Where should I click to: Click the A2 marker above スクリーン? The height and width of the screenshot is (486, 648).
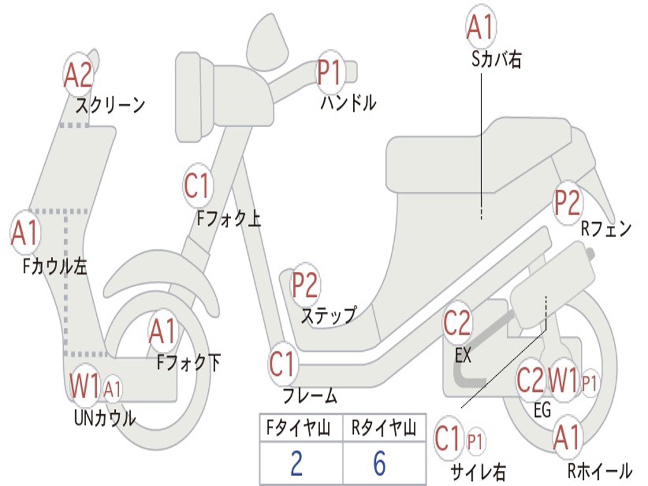click(78, 75)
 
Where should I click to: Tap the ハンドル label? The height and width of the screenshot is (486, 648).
click(348, 103)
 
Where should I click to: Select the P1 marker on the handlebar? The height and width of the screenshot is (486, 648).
click(329, 72)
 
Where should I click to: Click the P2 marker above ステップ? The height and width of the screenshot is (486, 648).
click(305, 285)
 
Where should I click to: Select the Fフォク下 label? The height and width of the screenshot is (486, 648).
click(189, 363)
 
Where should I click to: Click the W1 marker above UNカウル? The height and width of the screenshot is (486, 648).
click(85, 385)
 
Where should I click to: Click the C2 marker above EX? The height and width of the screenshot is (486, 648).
click(457, 324)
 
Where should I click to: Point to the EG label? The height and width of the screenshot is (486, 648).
click(542, 410)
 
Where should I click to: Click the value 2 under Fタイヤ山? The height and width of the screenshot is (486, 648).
click(296, 464)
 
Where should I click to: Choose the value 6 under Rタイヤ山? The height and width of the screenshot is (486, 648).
click(379, 464)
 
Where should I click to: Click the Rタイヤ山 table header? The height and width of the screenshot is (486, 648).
click(384, 429)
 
